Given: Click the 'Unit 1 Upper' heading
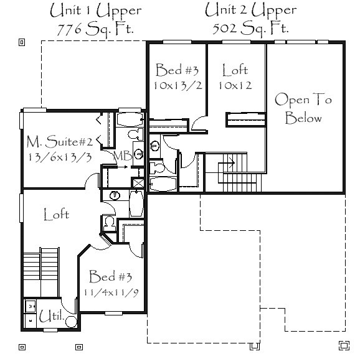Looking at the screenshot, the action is pos(95,11).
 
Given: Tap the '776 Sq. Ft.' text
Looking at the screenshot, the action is pos(95,29).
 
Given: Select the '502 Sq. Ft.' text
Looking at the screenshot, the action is pos(250,29).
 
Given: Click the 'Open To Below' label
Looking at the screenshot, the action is pos(303,109).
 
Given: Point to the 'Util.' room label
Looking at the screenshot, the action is pos(51,316).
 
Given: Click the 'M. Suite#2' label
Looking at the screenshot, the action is pos(60,142).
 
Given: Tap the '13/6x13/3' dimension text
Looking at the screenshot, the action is pos(60,157).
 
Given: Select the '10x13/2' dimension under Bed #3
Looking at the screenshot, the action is pos(178,86).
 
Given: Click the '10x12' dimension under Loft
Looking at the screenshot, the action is pos(235,85).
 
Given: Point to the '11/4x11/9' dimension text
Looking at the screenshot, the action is pos(111,292).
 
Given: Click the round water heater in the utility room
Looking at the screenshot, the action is pos(71,322).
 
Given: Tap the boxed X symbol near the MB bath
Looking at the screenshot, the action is pos(138,183).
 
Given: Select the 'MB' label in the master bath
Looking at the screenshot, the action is pos(123,156).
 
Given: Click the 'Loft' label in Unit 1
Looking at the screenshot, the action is pos(57,214).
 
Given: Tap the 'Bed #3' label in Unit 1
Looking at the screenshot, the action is pos(110,276).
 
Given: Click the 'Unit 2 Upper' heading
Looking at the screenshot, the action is pos(250,10).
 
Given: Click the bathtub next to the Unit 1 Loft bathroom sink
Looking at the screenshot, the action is pos(136,203).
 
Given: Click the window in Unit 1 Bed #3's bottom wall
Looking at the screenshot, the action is pos(113,314).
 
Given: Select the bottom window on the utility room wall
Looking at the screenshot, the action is pos(50,330).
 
